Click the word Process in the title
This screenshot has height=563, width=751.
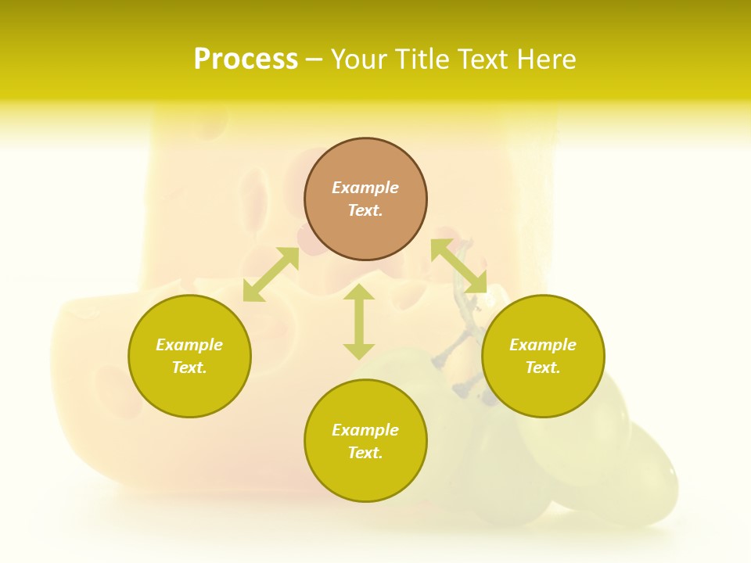pyautogui.click(x=246, y=59)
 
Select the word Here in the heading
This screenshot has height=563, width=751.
pyautogui.click(x=545, y=59)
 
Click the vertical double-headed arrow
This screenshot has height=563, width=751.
pyautogui.click(x=359, y=321)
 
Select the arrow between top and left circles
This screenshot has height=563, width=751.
pyautogui.click(x=271, y=274)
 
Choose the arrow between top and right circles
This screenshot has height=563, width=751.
pyautogui.click(x=458, y=266)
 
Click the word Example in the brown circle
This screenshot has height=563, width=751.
pyautogui.click(x=365, y=188)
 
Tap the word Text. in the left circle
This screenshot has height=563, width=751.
pyautogui.click(x=189, y=368)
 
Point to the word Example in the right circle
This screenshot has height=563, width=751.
pyautogui.click(x=543, y=345)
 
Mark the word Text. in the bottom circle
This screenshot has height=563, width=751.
pyautogui.click(x=365, y=453)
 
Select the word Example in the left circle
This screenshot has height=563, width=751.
pyautogui.click(x=189, y=345)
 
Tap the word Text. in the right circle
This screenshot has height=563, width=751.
pyautogui.click(x=543, y=368)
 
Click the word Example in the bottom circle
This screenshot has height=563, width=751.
pyautogui.click(x=365, y=430)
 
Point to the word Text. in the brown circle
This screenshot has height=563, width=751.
pyautogui.click(x=365, y=210)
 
